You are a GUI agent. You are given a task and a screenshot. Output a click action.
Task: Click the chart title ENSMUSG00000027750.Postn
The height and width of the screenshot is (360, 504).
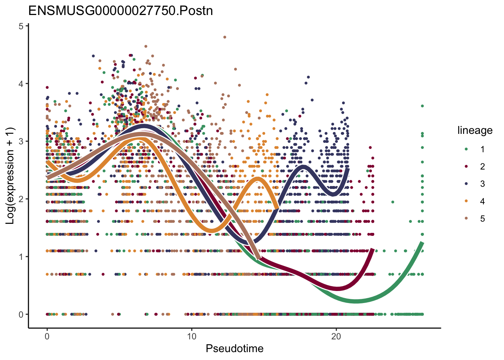[x=121, y=10]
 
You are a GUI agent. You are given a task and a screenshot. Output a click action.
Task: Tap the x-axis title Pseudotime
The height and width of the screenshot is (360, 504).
[x=234, y=349]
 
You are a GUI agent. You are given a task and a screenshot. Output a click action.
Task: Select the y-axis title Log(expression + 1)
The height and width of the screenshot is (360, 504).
[x=10, y=176]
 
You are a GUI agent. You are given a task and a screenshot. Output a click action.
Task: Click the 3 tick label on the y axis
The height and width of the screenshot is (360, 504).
[x=21, y=141]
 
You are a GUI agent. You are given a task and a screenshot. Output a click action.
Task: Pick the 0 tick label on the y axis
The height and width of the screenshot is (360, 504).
[x=21, y=315]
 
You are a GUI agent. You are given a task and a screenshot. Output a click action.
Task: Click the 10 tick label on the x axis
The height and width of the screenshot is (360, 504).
[x=192, y=336]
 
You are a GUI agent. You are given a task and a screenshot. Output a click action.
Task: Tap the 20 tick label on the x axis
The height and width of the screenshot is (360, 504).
[x=336, y=336]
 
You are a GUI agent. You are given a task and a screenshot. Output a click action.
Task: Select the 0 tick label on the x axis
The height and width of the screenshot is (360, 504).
[x=47, y=336]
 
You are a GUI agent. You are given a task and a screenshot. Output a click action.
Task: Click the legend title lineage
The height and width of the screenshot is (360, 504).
[x=475, y=130]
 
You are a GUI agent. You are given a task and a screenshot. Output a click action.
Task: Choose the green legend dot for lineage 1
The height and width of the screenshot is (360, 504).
[x=466, y=149]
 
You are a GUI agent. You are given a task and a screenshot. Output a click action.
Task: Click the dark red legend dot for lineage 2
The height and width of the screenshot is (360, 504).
[x=466, y=166]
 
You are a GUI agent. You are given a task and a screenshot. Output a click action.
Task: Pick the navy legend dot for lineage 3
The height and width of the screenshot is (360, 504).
[x=466, y=184]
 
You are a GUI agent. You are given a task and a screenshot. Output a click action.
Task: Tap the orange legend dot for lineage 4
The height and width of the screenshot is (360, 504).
[x=466, y=201]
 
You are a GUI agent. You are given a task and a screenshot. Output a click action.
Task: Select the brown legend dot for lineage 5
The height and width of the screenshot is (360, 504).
[x=466, y=219]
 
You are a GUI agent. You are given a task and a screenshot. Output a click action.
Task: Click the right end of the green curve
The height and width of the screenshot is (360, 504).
[x=422, y=243]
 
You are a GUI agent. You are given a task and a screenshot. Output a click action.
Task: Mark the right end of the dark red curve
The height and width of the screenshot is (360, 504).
[x=372, y=249]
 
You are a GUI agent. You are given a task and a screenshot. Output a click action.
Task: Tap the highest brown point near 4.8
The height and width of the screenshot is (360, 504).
[x=225, y=37]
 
